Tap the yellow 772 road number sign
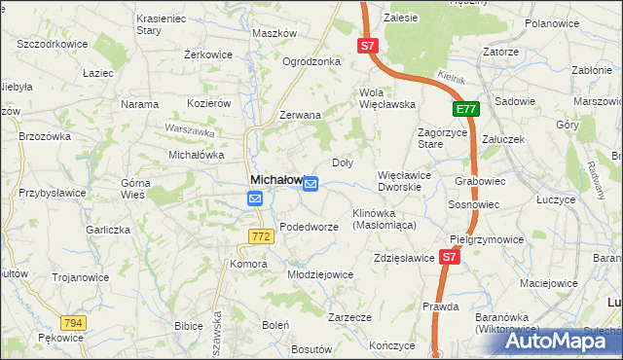(x=259, y=236)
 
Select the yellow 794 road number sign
(x=71, y=323)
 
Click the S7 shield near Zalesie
(x=365, y=46)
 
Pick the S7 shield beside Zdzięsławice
(x=448, y=258)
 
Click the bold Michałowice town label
(x=278, y=180)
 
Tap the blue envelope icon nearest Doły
(x=311, y=184)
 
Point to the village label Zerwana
(x=300, y=115)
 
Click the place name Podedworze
(x=309, y=227)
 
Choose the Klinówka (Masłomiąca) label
(x=384, y=218)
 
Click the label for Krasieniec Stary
(x=162, y=24)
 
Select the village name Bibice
(x=187, y=326)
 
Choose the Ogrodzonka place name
(x=311, y=61)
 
